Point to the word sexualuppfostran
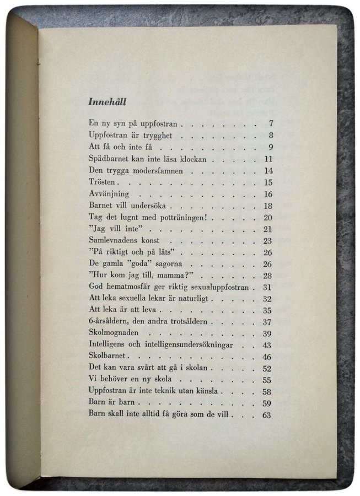point(213,287)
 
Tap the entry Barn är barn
point(108,403)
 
